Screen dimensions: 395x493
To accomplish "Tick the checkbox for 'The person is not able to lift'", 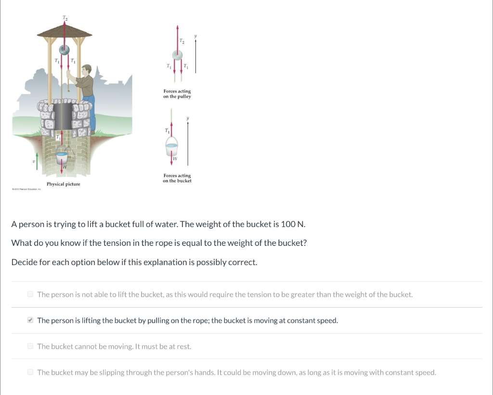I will point(30,294).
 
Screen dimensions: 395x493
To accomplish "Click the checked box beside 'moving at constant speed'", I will point(30,320).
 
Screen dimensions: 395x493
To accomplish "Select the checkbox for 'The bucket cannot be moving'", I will point(30,346).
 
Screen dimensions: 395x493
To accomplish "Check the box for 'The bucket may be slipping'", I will point(30,372).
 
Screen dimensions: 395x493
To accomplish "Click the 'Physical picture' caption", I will point(63,184).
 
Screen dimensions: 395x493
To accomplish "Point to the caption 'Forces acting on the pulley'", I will point(177,94).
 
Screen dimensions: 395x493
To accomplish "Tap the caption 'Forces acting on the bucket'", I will point(177,178).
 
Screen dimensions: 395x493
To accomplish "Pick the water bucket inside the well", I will point(62,158).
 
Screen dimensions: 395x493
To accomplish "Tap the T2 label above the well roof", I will point(65,18).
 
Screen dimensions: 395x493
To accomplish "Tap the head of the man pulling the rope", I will point(87,70).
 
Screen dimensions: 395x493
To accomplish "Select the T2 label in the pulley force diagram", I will point(182,42).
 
